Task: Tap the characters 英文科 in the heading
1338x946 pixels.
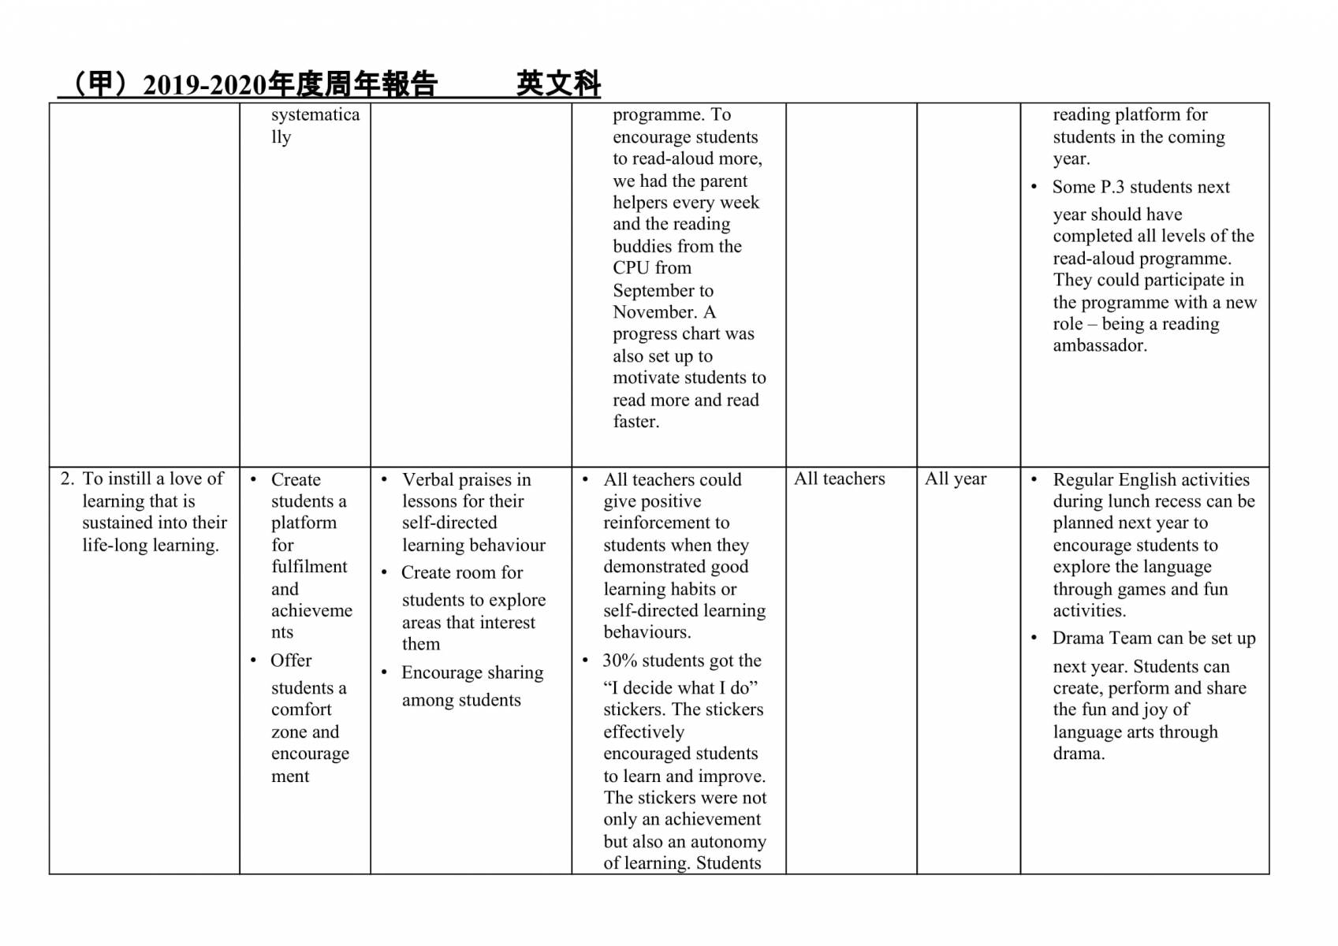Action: coord(558,84)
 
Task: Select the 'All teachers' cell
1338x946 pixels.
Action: coord(839,479)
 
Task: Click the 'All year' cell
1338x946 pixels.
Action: coord(955,479)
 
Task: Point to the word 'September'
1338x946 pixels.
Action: coord(653,290)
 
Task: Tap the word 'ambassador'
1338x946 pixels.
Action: coord(1099,345)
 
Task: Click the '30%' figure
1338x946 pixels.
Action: coord(620,661)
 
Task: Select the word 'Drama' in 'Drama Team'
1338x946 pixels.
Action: coord(1077,639)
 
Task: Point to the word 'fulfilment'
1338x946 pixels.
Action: coord(309,567)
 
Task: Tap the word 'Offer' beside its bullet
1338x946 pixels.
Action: coord(291,661)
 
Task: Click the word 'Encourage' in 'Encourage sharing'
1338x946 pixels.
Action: coord(441,672)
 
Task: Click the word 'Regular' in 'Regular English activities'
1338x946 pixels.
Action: coord(1086,479)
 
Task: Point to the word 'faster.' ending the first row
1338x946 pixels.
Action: coord(636,422)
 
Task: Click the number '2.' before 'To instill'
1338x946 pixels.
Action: coord(67,479)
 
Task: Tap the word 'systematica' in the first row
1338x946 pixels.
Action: coord(315,114)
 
